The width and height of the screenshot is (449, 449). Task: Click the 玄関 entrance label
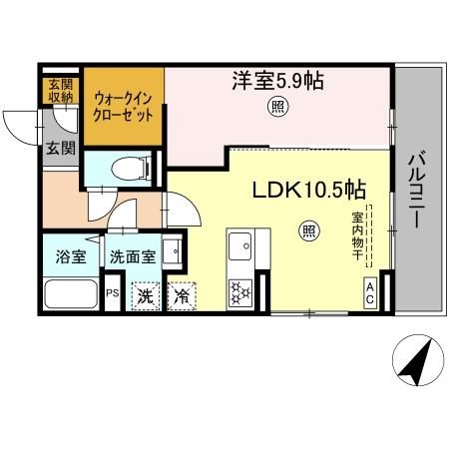click(x=59, y=150)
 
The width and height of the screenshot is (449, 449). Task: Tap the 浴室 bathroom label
click(x=70, y=255)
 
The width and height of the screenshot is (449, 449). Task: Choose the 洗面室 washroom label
click(x=132, y=256)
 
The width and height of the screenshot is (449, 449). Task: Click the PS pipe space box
click(x=112, y=294)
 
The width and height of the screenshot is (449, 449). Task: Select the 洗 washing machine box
click(x=146, y=295)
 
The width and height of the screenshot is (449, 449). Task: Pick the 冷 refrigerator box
click(x=182, y=295)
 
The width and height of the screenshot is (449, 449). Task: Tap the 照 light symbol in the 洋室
click(x=274, y=108)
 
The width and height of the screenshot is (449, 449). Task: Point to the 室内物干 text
click(x=356, y=235)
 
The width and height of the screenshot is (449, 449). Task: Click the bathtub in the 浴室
click(x=71, y=292)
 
